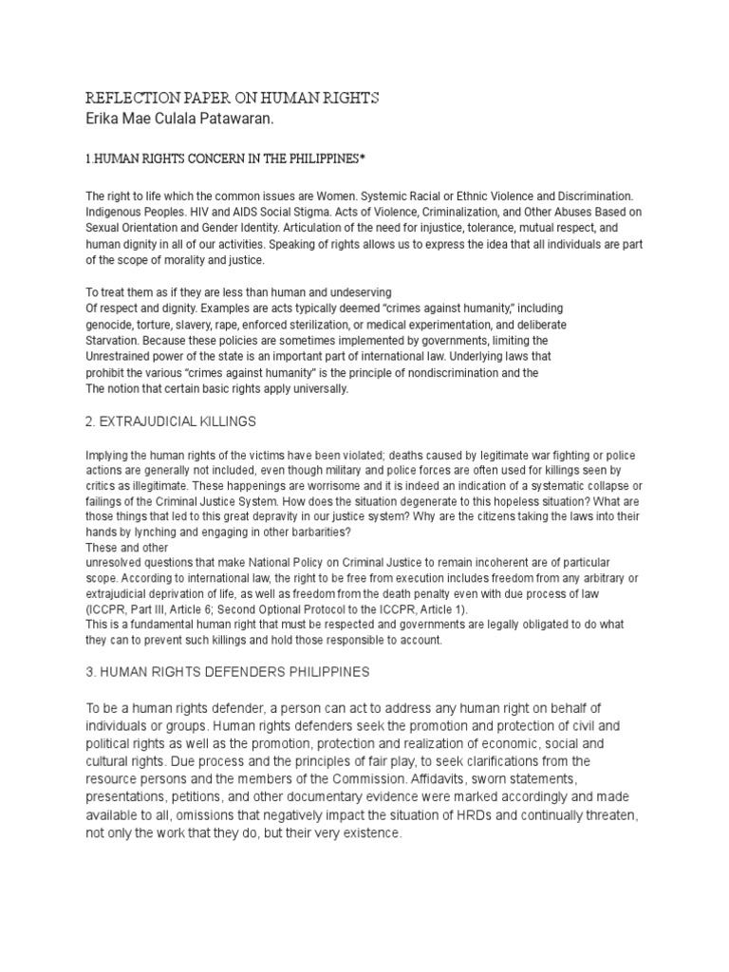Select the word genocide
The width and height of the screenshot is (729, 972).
point(112,325)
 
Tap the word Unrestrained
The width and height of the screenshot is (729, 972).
point(121,357)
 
